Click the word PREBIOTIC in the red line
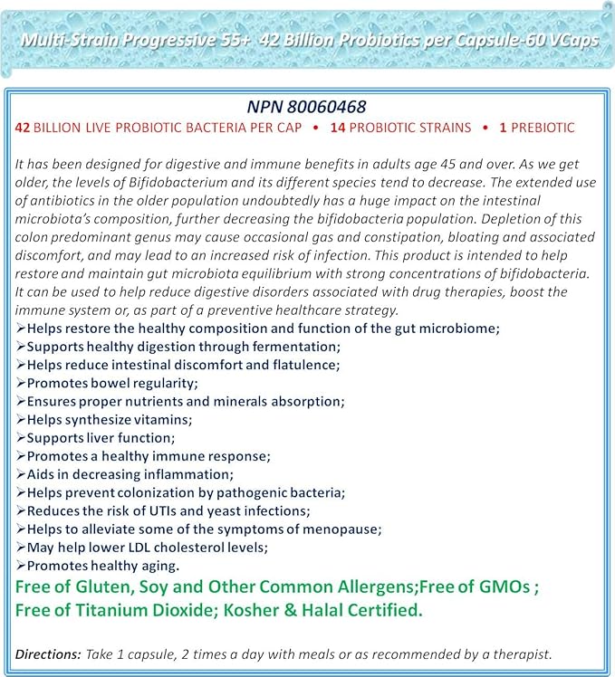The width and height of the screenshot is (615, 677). [x=543, y=128]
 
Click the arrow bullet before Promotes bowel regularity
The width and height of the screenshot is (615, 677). [x=21, y=383]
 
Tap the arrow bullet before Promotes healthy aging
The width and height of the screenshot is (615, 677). [x=21, y=566]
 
